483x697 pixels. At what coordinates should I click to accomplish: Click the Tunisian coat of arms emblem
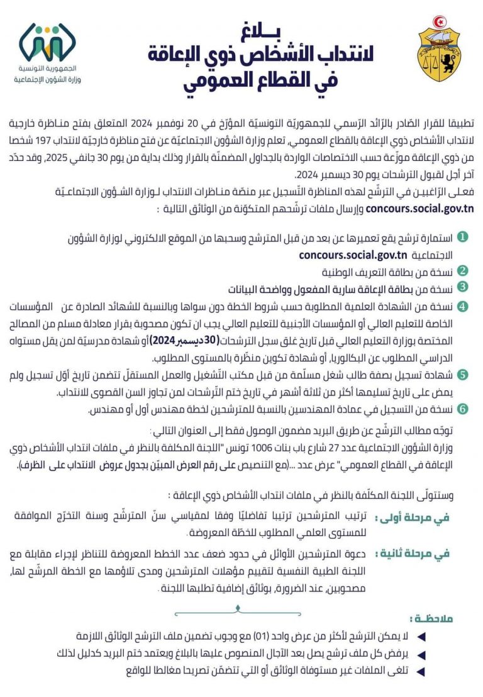pyautogui.click(x=438, y=53)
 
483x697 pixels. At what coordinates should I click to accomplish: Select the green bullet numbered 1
pyautogui.click(x=462, y=238)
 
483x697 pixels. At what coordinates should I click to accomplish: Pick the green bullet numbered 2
pyautogui.click(x=462, y=272)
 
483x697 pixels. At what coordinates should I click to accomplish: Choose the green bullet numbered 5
pyautogui.click(x=462, y=375)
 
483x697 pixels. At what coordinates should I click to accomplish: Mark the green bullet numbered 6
pyautogui.click(x=462, y=409)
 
